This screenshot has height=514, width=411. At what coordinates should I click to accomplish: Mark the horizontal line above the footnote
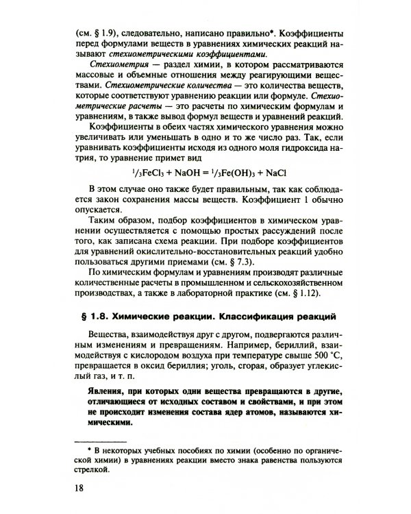pos(101,440)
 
